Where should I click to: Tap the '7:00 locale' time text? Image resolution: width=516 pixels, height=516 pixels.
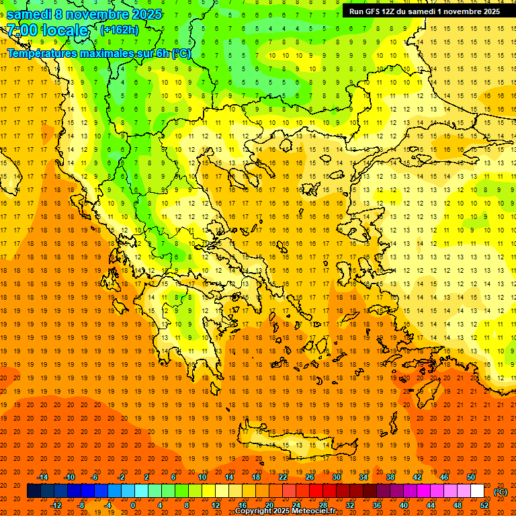click(x=47, y=30)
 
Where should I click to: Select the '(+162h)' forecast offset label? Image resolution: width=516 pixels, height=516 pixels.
click(x=120, y=30)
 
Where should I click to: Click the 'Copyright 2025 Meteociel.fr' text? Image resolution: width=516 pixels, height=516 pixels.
click(x=285, y=511)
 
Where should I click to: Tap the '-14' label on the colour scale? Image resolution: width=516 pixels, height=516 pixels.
click(x=42, y=477)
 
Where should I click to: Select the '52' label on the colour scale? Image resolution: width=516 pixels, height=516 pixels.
click(x=484, y=505)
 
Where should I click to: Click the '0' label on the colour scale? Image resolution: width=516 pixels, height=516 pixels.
click(x=132, y=505)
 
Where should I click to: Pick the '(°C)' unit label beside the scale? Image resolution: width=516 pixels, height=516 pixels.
click(x=501, y=491)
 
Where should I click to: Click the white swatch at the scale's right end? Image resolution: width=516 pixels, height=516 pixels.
click(x=478, y=491)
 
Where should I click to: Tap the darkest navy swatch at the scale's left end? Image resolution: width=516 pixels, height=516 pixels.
click(x=34, y=491)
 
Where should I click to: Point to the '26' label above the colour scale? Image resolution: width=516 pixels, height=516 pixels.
click(x=310, y=477)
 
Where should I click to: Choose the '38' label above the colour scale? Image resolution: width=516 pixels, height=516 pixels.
click(x=390, y=477)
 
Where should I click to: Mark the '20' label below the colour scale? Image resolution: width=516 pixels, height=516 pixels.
click(x=269, y=505)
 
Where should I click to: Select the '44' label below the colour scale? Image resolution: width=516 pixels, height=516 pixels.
click(x=431, y=505)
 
